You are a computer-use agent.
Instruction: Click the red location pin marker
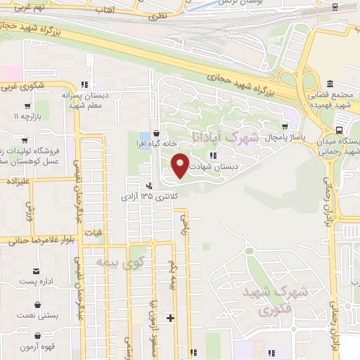pyautogui.click(x=181, y=165)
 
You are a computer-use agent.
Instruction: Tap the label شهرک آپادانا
pyautogui.click(x=224, y=136)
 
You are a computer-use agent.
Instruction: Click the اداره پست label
pyautogui.click(x=37, y=281)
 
